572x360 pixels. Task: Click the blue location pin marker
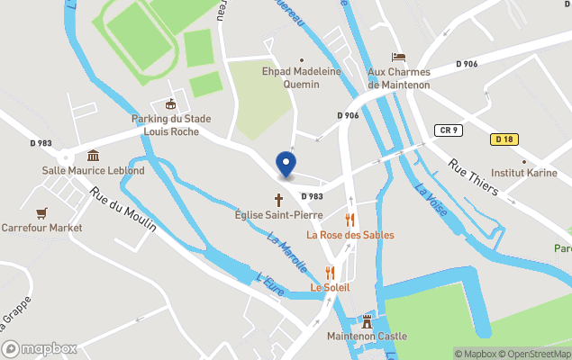[x=286, y=164]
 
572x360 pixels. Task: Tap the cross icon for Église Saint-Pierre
[x=278, y=199]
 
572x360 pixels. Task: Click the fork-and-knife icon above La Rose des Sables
[x=350, y=220]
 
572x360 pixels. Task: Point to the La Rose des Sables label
[x=350, y=235]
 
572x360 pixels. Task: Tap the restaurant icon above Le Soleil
[x=330, y=272]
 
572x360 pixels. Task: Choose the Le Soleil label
[x=330, y=287]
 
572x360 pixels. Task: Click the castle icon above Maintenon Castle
[x=367, y=320]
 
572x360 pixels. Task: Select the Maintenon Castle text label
[x=367, y=336]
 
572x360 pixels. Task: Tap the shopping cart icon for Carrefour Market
[x=41, y=213]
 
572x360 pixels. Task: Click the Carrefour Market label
[x=41, y=228]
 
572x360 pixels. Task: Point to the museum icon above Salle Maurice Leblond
[x=94, y=156]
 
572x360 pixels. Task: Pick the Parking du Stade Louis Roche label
[x=171, y=124]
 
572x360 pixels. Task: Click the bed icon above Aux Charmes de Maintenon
[x=398, y=58]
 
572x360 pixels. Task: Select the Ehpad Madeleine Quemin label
[x=291, y=78]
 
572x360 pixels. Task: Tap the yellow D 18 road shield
[x=504, y=139]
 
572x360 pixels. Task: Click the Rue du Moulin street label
[x=123, y=209]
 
